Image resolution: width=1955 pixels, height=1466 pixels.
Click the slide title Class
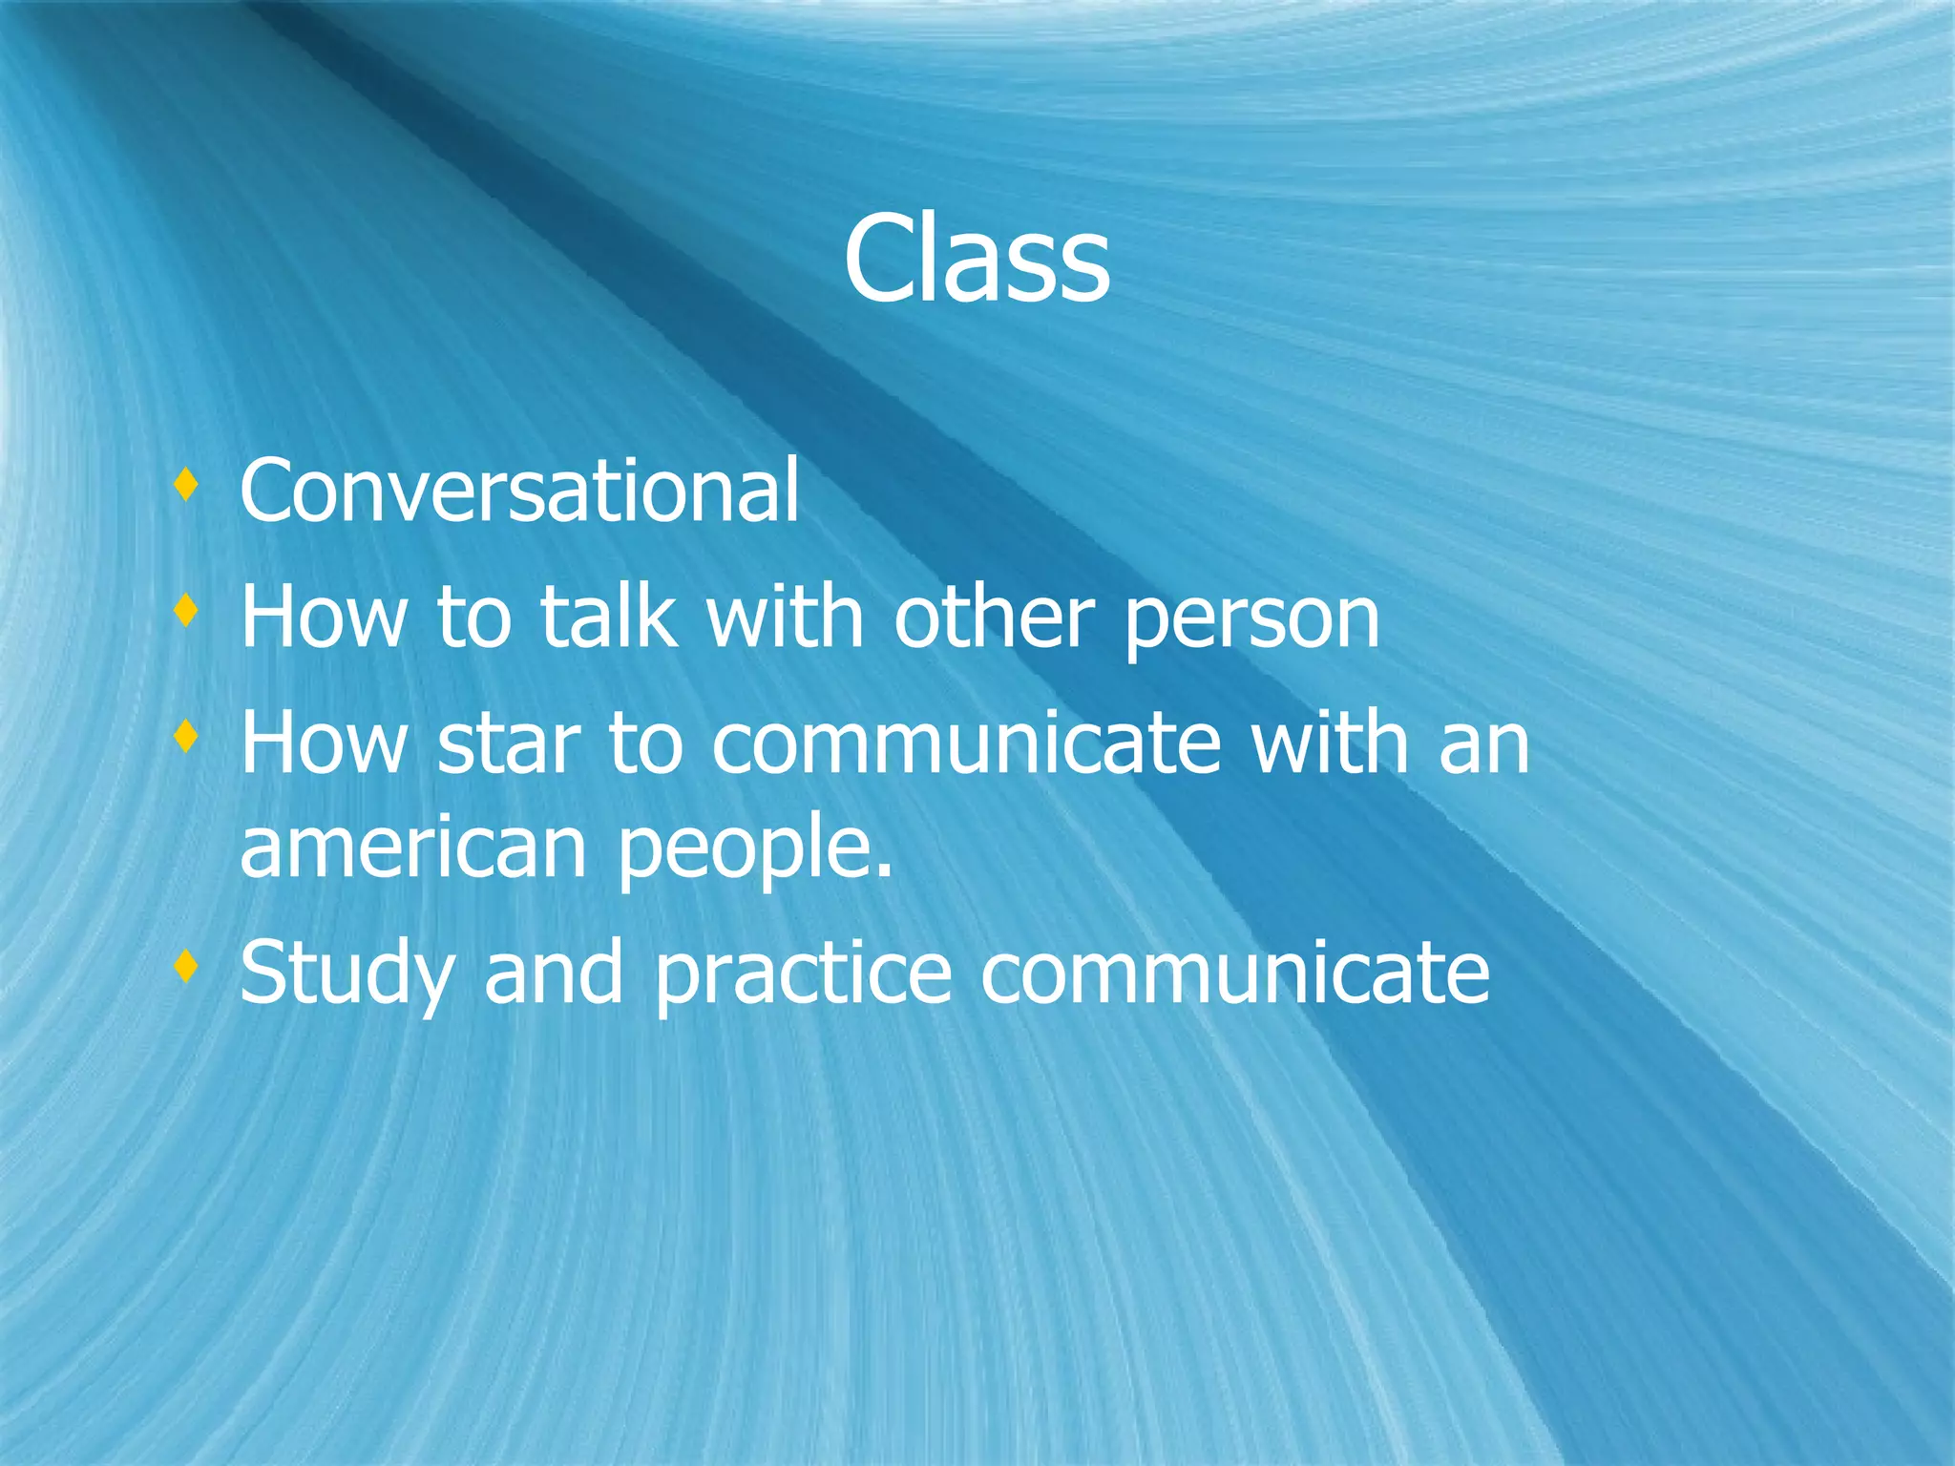coord(977,260)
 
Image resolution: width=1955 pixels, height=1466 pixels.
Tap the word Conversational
coord(519,492)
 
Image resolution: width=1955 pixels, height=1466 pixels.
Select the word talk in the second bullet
coord(608,618)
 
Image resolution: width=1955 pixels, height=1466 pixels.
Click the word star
coord(508,745)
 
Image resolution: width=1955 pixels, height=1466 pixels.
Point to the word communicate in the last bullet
coord(1234,974)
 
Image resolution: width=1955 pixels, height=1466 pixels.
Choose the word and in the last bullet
coord(554,974)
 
